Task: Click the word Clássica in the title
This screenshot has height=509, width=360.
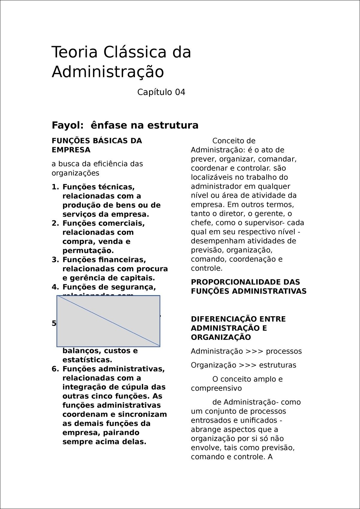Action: pos(135,52)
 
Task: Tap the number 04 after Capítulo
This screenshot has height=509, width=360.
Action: pos(180,92)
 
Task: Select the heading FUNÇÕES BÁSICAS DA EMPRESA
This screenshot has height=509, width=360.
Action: pos(97,145)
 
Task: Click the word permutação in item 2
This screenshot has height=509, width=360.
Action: pos(88,251)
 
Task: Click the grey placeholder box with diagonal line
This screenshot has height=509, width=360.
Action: pos(108,321)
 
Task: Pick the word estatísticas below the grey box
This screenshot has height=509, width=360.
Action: pos(87,360)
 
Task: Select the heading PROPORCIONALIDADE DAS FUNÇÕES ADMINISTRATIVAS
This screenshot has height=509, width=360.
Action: pos(248,287)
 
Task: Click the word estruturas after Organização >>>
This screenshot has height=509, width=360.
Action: pos(277,365)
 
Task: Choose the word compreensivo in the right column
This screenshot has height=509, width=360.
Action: pos(216,388)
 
